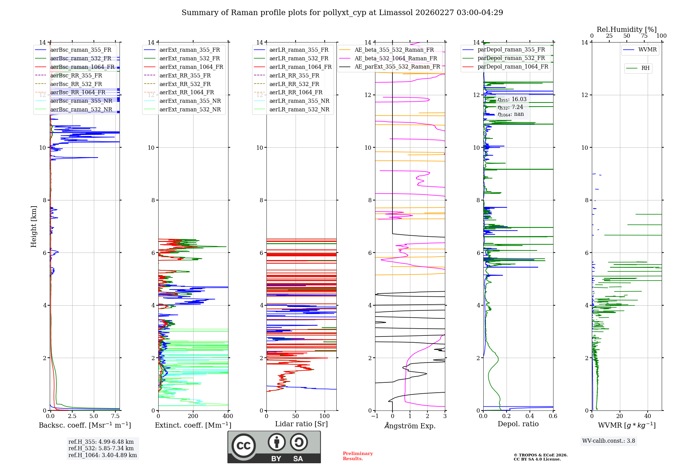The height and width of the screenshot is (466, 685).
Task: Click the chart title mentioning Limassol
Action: (x=342, y=13)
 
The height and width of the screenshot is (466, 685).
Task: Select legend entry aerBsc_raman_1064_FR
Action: (x=82, y=67)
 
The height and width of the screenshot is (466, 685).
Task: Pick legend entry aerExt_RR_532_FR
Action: (x=185, y=84)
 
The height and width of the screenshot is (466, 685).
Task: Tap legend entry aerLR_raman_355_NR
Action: (x=299, y=101)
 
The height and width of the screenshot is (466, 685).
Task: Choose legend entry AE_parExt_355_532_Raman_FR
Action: (x=397, y=66)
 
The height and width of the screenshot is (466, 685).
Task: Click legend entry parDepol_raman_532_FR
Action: (x=511, y=58)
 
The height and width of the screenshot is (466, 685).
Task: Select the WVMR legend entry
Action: (x=647, y=50)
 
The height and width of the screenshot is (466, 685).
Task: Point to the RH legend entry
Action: (x=645, y=68)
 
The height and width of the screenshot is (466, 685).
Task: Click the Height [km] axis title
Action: (x=34, y=226)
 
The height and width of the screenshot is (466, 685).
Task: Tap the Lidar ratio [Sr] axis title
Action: (x=301, y=424)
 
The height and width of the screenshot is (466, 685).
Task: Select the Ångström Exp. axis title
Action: (x=410, y=426)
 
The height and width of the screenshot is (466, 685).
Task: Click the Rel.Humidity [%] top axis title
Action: (x=626, y=29)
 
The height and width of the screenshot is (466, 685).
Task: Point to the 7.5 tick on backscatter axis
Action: (x=115, y=416)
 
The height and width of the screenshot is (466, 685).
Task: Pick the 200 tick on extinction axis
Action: (x=193, y=416)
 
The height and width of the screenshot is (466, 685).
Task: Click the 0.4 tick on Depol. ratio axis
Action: (x=530, y=416)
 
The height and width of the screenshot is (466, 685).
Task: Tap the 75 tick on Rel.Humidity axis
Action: (x=644, y=36)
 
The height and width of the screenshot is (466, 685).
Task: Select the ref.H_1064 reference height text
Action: (x=102, y=455)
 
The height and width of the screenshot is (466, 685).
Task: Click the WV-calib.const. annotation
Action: (x=608, y=441)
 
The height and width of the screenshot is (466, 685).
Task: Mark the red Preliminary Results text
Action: (x=358, y=456)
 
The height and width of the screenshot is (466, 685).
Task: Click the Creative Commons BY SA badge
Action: (x=274, y=447)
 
